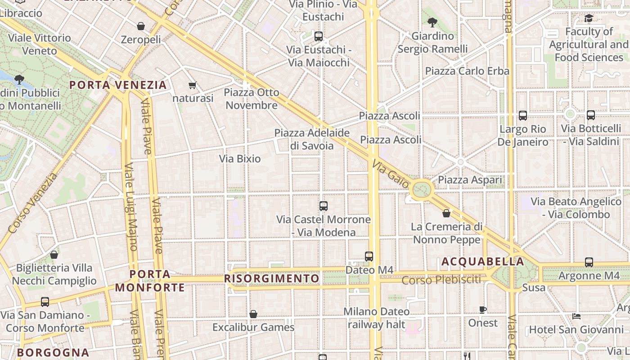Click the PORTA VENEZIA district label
point(118,85)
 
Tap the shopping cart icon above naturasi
point(193,85)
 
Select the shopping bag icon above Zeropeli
point(141,26)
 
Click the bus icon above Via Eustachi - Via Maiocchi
point(319,36)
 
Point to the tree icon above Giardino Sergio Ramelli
point(432,22)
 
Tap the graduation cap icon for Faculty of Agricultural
point(588,18)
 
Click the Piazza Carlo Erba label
point(467,71)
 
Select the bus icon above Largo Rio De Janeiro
point(523,116)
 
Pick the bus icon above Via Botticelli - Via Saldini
point(591,115)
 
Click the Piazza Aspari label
point(470,180)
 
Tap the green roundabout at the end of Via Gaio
point(422,189)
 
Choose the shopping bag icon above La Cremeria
point(446,213)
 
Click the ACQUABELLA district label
point(483,261)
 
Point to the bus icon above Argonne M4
point(589,262)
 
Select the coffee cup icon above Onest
point(483,310)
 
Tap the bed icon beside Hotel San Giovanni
point(576,316)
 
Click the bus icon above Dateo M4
point(369,256)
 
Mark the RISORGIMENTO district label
point(271,279)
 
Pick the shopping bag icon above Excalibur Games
point(253,314)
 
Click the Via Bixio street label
point(240,158)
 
